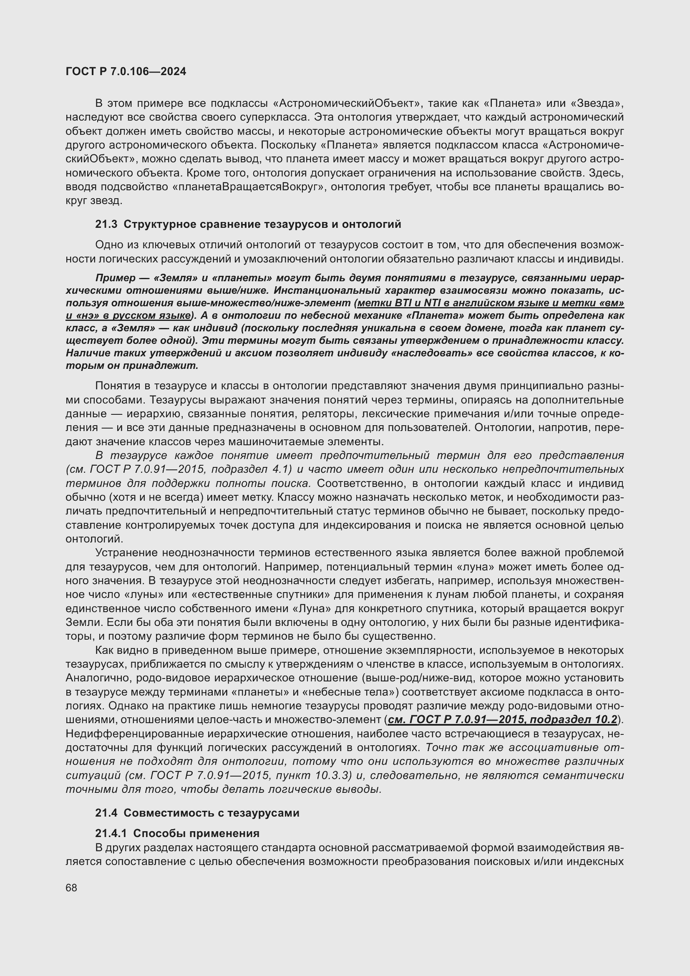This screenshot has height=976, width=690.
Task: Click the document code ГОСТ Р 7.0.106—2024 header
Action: point(126,72)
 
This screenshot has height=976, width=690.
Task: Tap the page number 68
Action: point(71,888)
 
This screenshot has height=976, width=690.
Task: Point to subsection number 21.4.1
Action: point(111,833)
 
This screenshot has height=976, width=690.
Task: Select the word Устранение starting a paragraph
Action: point(126,552)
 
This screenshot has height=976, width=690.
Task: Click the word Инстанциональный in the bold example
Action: point(324,290)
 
